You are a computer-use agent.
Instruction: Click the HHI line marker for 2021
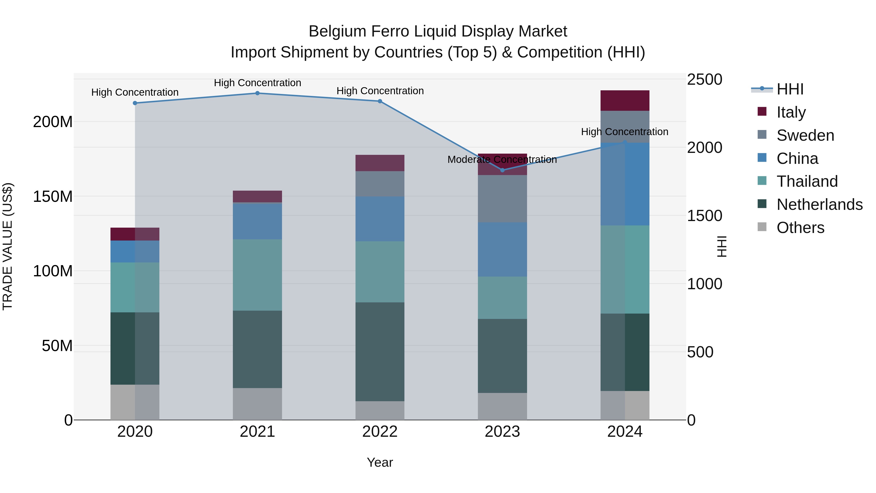pos(257,93)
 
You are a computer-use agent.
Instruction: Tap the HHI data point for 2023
pos(502,170)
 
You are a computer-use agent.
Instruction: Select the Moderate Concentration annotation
pos(502,159)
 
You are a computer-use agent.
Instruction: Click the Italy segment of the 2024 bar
pos(625,101)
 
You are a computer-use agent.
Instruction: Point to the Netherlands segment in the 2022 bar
pos(380,352)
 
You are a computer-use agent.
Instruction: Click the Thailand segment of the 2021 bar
pos(257,275)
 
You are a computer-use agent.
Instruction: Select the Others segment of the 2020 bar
pos(135,402)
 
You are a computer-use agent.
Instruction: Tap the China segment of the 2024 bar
pos(625,184)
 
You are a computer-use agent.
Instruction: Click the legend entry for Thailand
pos(807,181)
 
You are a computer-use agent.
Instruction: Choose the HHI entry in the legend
pos(790,89)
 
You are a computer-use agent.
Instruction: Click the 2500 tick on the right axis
pos(704,80)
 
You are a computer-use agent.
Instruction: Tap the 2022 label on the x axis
pos(380,432)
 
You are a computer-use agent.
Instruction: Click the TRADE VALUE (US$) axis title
pos(8,246)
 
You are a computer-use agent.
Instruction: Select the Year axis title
pos(380,462)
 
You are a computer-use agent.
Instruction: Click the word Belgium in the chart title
pos(337,31)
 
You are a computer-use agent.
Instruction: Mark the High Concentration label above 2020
pos(135,92)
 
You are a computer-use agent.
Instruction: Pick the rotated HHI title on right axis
pos(721,246)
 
